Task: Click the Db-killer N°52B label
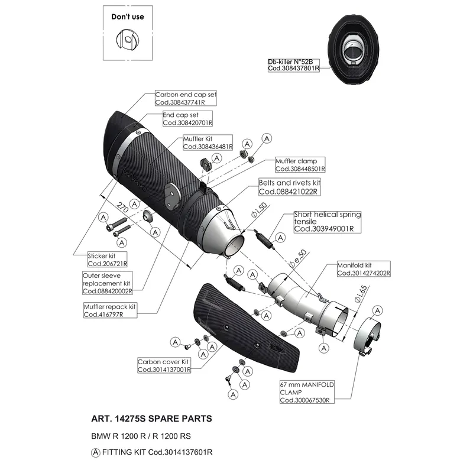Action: tap(293, 65)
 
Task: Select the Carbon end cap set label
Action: tap(186, 98)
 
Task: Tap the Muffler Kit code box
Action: tap(208, 142)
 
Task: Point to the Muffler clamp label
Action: tap(300, 165)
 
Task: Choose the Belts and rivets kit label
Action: tap(289, 187)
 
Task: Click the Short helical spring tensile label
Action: tap(328, 222)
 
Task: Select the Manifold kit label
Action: tap(364, 269)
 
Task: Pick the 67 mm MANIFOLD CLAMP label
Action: tap(307, 392)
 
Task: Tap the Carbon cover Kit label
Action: tap(164, 365)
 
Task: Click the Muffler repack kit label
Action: tap(110, 310)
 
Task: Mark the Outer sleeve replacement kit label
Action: tap(107, 283)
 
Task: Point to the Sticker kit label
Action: tap(107, 260)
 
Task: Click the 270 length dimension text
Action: tap(122, 207)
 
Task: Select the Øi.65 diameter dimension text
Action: tap(361, 294)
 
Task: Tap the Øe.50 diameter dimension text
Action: tap(298, 258)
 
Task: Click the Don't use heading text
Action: tap(128, 17)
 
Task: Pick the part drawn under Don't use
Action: tap(128, 40)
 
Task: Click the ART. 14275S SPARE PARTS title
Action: tap(151, 419)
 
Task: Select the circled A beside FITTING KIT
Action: tap(96, 452)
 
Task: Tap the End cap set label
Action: tap(187, 119)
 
